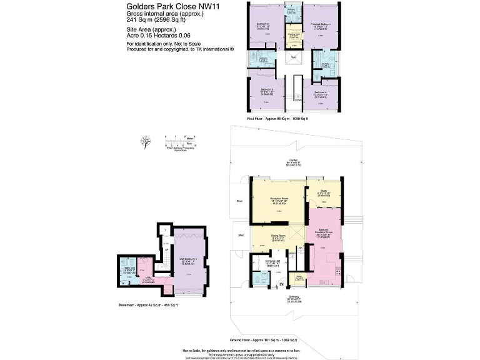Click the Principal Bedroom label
click(321, 24)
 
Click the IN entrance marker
click(281, 284)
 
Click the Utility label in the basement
click(149, 277)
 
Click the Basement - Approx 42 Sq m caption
click(148, 304)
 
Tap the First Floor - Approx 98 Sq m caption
click(279, 117)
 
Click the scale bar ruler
click(181, 139)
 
